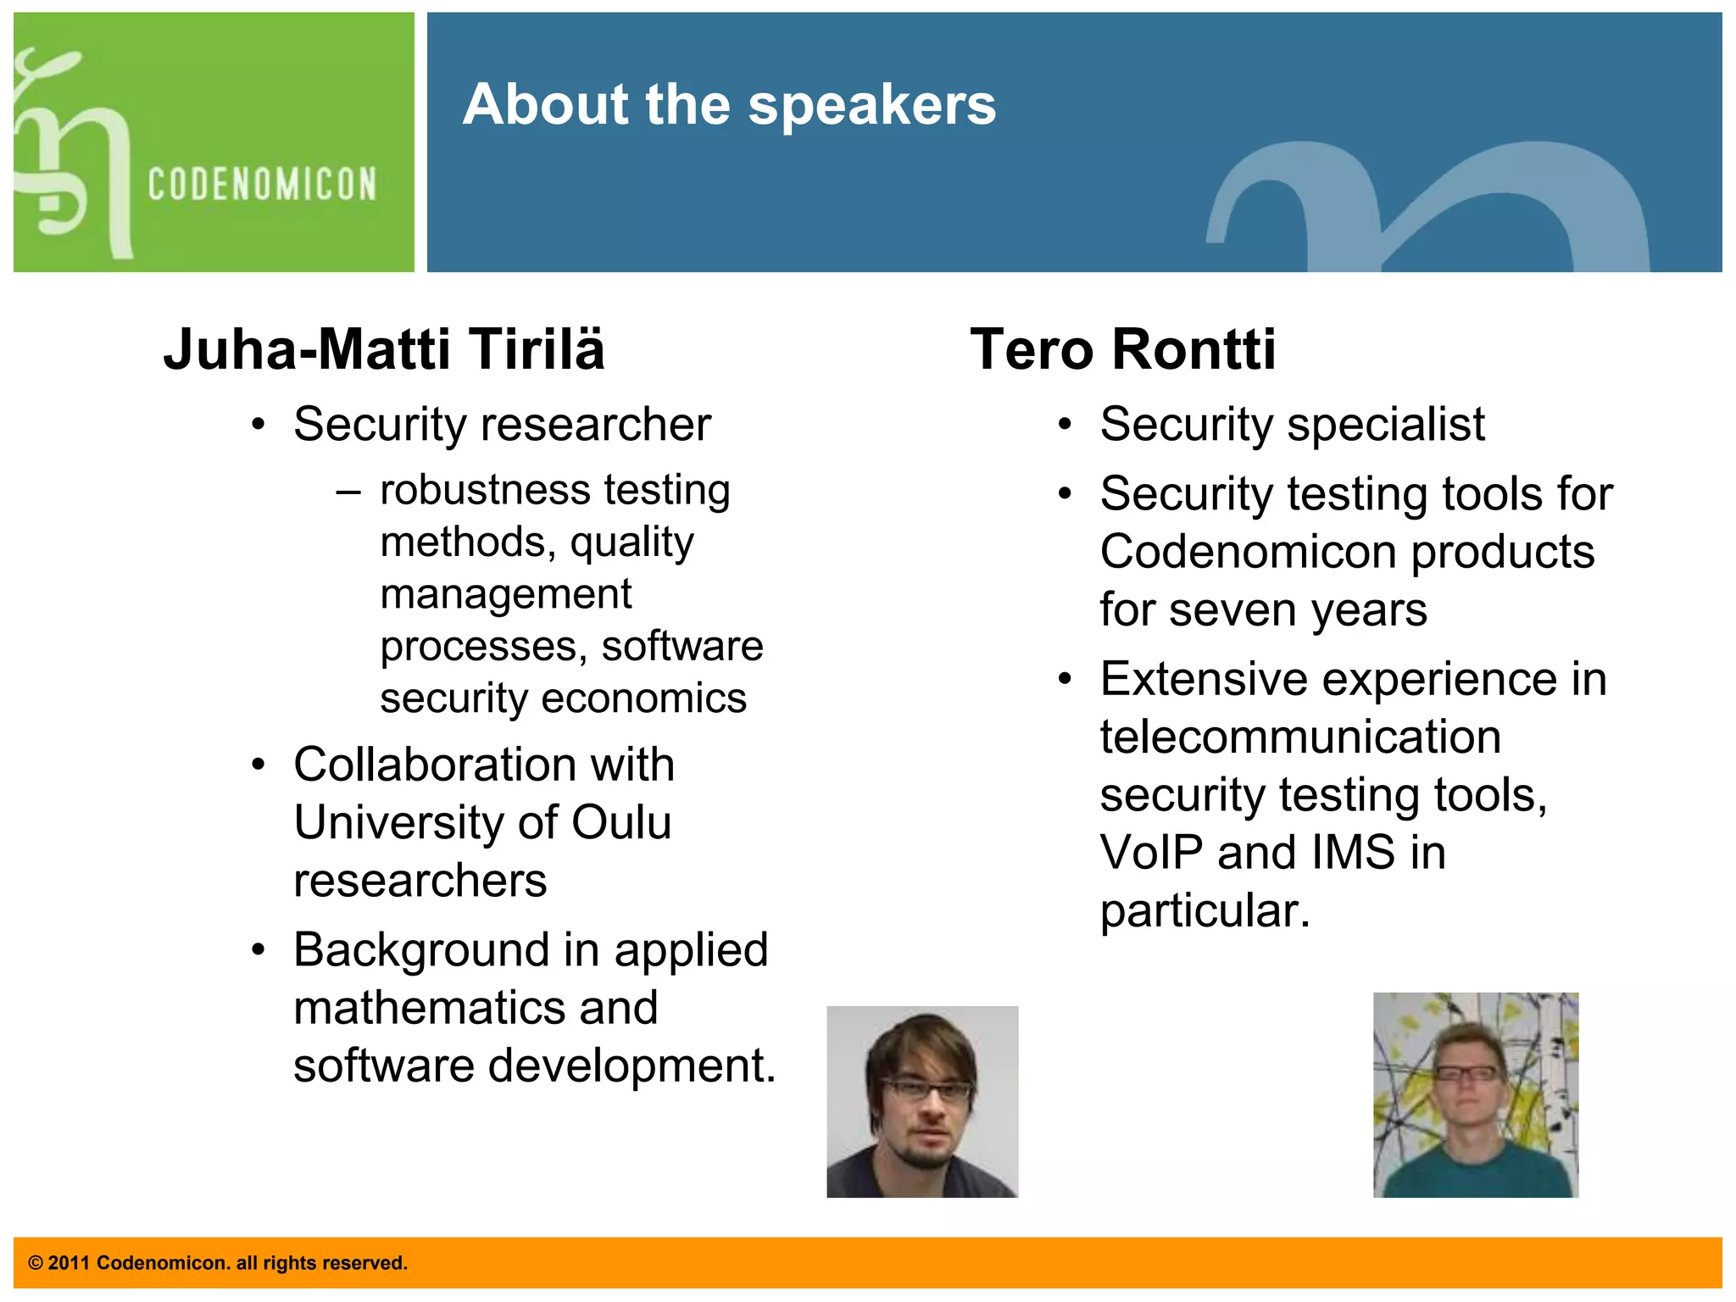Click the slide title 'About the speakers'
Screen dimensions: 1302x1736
(729, 105)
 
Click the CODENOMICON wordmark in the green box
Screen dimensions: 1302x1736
(262, 184)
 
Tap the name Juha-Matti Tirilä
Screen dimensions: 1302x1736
(384, 349)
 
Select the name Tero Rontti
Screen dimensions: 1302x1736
(1122, 349)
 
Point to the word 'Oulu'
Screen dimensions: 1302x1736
(621, 822)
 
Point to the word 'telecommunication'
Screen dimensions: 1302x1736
(1300, 736)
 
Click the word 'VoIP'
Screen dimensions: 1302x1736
(1151, 852)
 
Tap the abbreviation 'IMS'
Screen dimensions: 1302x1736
(1353, 852)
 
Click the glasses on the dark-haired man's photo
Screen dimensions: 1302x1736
(926, 1090)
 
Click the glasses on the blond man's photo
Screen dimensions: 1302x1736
(1466, 1073)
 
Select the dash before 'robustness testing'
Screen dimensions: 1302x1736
(348, 492)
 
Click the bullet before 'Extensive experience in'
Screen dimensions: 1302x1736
(1066, 679)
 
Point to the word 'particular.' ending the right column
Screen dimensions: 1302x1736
(1205, 911)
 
